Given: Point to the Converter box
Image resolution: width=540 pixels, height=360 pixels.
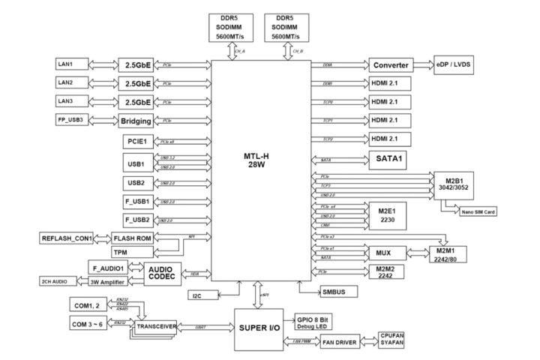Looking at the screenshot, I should coord(391,65).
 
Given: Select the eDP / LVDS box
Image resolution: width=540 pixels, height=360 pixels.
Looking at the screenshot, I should coord(454,65).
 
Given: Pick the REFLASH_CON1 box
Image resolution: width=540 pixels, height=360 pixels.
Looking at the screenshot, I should coord(66,238).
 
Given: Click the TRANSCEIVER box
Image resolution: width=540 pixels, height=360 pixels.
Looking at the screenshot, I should coord(156,327).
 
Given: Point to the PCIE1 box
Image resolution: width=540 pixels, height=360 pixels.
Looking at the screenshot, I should coord(137,141).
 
